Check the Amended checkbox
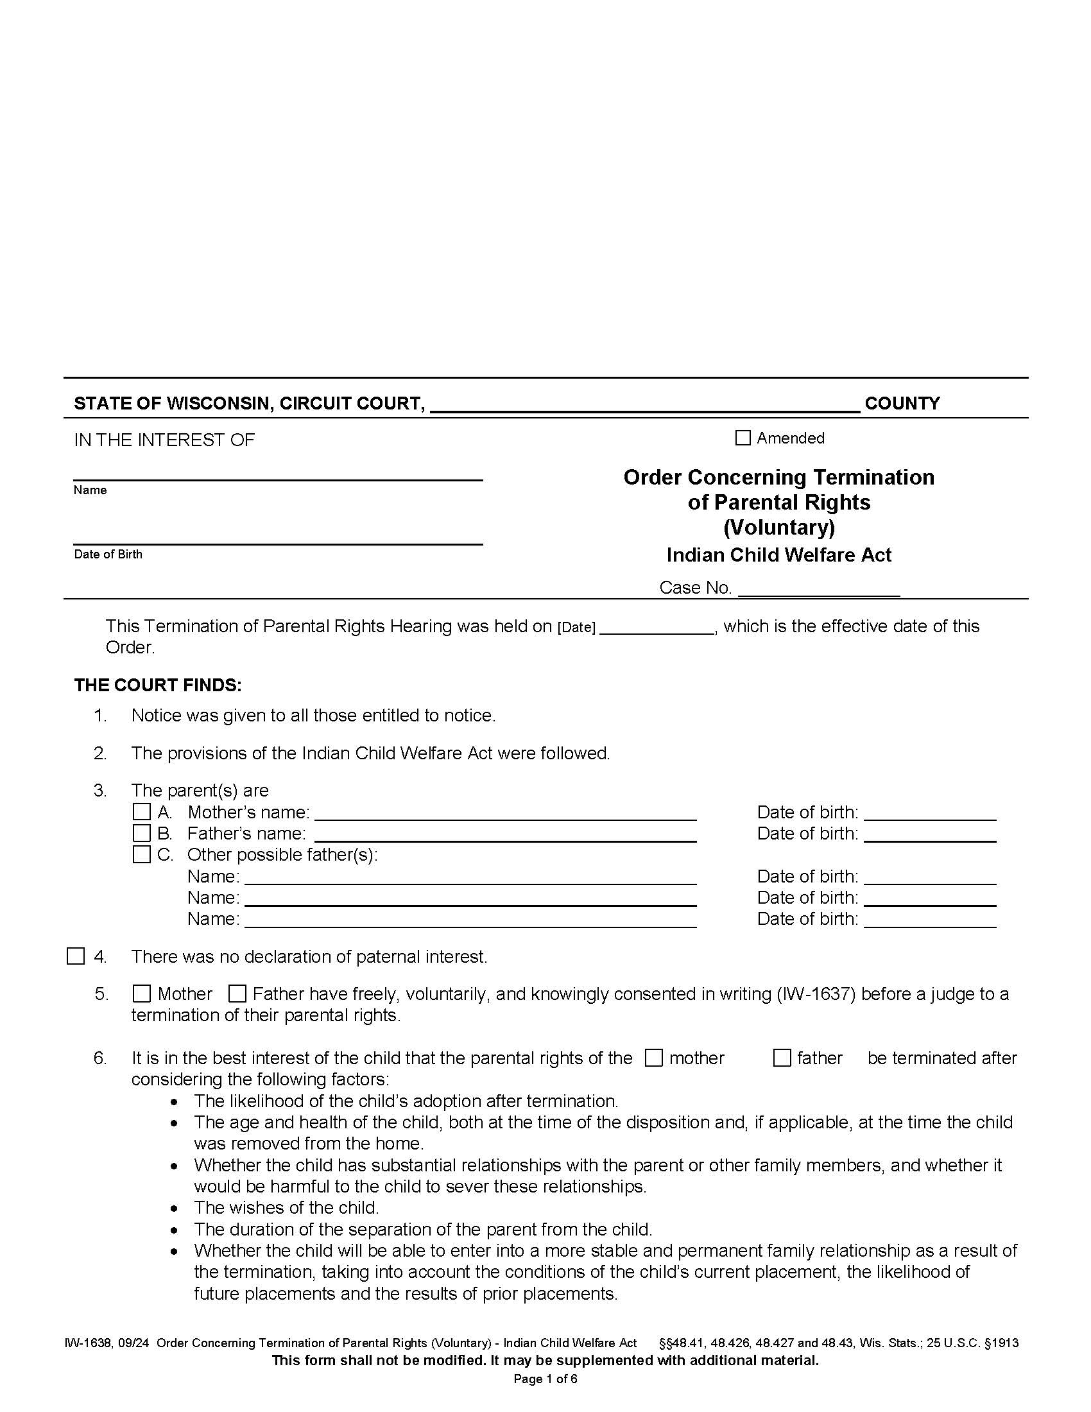click(x=743, y=438)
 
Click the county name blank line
click(x=644, y=405)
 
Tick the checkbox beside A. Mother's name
click(x=142, y=811)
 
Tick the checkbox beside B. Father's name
click(x=142, y=832)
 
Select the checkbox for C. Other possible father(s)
click(x=142, y=854)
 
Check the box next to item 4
click(x=76, y=956)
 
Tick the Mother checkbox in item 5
click(x=142, y=993)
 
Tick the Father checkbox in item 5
click(x=237, y=993)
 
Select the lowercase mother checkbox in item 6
click(x=654, y=1058)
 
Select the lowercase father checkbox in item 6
click(x=782, y=1058)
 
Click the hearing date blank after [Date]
click(x=656, y=628)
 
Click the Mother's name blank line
click(x=505, y=813)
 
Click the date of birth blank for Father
click(x=929, y=834)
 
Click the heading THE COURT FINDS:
click(x=158, y=685)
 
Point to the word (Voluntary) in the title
click(x=779, y=528)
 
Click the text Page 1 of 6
click(x=545, y=1379)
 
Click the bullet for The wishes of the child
click(x=175, y=1209)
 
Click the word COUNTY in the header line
click(x=902, y=404)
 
